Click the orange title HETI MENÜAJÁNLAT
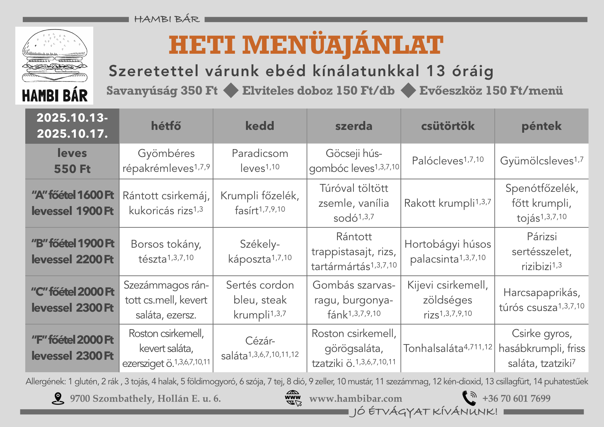[x=306, y=45]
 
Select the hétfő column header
[x=166, y=126]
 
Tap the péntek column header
[x=541, y=126]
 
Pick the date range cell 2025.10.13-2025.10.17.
[x=72, y=126]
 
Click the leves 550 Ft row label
[x=72, y=161]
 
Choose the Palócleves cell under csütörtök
[x=448, y=161]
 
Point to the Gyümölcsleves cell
[x=541, y=161]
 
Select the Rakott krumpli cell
[x=448, y=203]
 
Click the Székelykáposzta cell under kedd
[x=260, y=252]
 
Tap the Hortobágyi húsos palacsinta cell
[x=448, y=252]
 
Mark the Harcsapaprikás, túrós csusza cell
[x=541, y=300]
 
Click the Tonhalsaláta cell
[x=448, y=348]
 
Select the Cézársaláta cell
[x=260, y=348]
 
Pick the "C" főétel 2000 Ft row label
[x=72, y=300]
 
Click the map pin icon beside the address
[x=58, y=399]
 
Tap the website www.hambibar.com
[x=355, y=399]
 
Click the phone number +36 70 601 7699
[x=516, y=399]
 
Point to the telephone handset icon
[x=469, y=398]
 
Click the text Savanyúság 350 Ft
[x=162, y=91]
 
